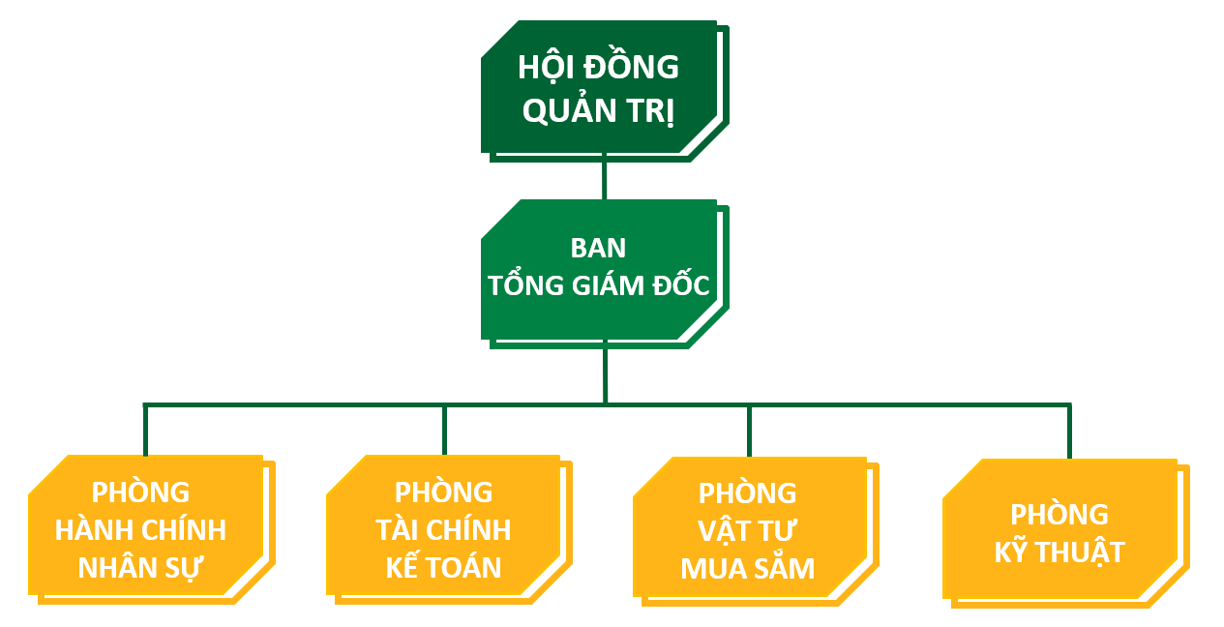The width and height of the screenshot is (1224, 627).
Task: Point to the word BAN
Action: pos(598,249)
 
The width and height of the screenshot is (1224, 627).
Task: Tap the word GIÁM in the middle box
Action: pos(620,286)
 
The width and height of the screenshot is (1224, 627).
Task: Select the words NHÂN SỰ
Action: pos(139,568)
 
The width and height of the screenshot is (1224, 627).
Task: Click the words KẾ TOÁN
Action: pos(443,568)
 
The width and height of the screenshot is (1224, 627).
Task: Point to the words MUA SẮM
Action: pos(748,568)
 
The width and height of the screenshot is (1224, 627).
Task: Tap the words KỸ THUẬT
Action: pos(1060,552)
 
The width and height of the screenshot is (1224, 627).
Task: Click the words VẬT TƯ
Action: pos(748,531)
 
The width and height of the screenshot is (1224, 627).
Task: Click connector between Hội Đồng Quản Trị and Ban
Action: pos(605,176)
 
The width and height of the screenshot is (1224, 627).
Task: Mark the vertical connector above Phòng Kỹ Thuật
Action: pos(1069,432)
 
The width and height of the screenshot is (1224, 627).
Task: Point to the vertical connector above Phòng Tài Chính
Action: pos(444,430)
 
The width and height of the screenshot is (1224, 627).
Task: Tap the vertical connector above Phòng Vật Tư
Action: pos(749,431)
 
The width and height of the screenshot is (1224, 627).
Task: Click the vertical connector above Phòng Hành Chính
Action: pos(145,430)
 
